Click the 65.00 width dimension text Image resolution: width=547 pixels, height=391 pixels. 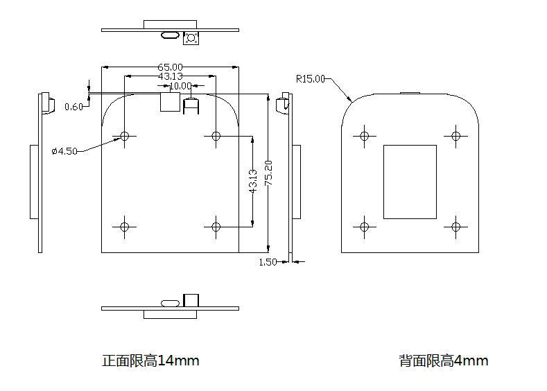coord(169,67)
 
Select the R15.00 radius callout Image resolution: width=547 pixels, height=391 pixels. coord(310,78)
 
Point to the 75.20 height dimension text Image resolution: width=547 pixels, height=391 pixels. coord(268,173)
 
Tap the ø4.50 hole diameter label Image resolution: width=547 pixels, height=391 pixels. coord(64,151)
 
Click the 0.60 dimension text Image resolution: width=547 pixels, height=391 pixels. coord(73,106)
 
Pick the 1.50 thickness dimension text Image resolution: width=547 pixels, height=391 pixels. coord(268,262)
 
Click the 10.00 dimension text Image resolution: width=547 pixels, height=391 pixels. coord(180,86)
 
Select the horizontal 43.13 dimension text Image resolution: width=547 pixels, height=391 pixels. coord(171,76)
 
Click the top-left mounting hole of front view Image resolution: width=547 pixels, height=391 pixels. coord(125,136)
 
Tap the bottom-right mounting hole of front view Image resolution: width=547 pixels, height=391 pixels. coord(216,227)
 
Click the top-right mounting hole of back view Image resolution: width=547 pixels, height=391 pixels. coord(455,136)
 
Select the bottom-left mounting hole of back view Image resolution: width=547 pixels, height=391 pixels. coord(364,226)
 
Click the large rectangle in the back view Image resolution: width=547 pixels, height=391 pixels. coord(410,182)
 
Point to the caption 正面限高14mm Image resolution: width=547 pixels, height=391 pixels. coord(150,360)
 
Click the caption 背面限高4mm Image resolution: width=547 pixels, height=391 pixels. coord(443,360)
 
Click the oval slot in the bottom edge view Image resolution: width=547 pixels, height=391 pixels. coord(169,303)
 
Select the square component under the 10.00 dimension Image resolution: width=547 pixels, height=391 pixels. coord(169,102)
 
